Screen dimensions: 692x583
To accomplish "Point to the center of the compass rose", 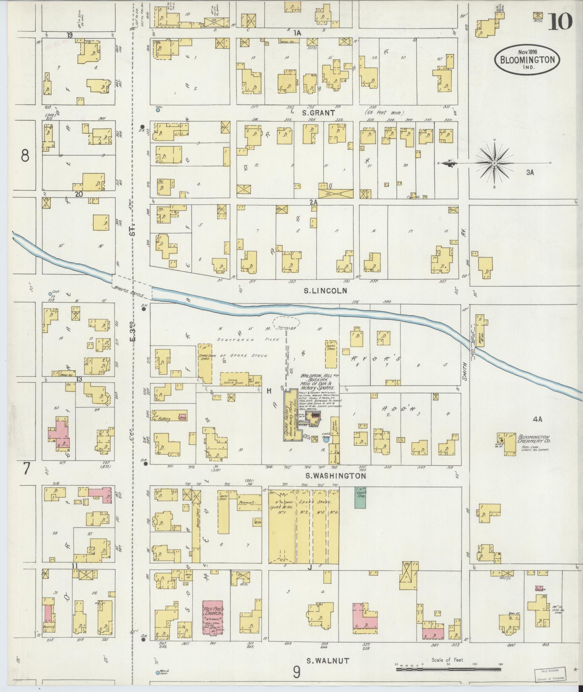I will pyautogui.click(x=494, y=163).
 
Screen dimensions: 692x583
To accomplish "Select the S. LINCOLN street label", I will pyautogui.click(x=325, y=290).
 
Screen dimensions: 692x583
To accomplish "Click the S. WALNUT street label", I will pyautogui.click(x=328, y=661).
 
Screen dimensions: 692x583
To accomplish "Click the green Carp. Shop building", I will pyautogui.click(x=360, y=497).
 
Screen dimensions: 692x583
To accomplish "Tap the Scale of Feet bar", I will pyautogui.click(x=448, y=669).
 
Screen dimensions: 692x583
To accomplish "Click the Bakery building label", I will pyautogui.click(x=164, y=419).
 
